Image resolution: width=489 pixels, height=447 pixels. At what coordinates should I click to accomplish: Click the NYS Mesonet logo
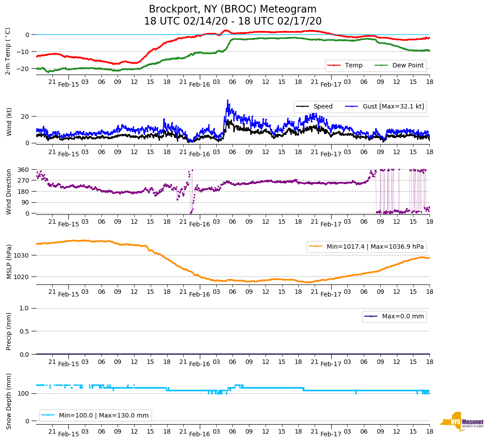[x=462, y=422]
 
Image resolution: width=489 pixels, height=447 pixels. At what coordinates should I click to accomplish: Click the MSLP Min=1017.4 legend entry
[x=367, y=246]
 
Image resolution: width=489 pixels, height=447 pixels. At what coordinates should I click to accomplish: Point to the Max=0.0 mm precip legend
[x=394, y=317]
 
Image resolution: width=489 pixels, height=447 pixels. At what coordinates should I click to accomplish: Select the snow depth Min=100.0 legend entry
[x=96, y=415]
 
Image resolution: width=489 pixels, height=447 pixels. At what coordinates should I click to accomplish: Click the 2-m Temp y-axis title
[x=8, y=50]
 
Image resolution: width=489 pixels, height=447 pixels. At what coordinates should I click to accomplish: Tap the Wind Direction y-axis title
[x=9, y=191]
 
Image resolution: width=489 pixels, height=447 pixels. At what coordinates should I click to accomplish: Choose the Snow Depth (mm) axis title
[x=9, y=401]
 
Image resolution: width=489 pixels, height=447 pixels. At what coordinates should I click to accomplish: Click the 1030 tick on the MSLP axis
[x=21, y=255]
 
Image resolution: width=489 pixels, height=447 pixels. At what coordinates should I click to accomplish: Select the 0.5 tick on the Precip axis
[x=25, y=331]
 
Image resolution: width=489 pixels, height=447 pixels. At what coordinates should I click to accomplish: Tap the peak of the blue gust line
[x=228, y=100]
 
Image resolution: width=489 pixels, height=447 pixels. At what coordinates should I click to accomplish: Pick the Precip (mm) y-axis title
[x=9, y=331]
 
